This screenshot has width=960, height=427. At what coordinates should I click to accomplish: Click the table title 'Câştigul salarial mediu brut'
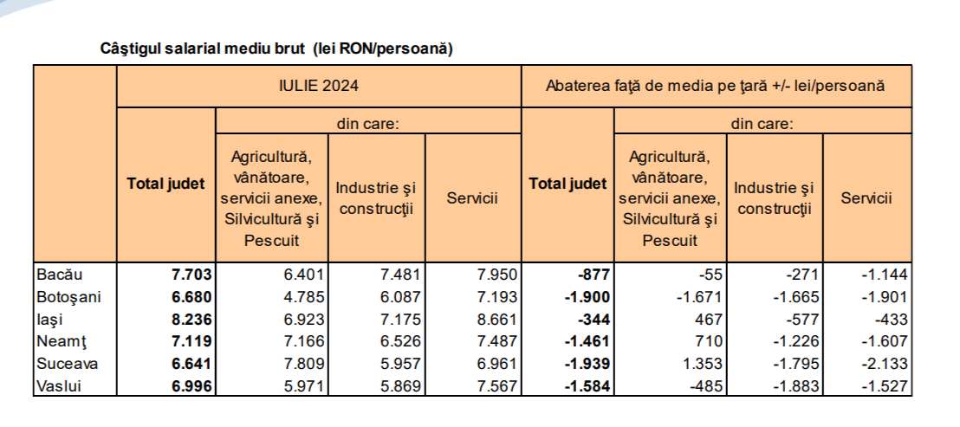pyautogui.click(x=277, y=49)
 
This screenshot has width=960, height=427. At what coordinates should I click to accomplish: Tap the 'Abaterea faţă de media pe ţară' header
pyautogui.click(x=715, y=86)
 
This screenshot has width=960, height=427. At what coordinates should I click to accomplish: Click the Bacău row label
pyautogui.click(x=60, y=275)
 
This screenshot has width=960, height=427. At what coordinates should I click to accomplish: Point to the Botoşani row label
pyautogui.click(x=68, y=297)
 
